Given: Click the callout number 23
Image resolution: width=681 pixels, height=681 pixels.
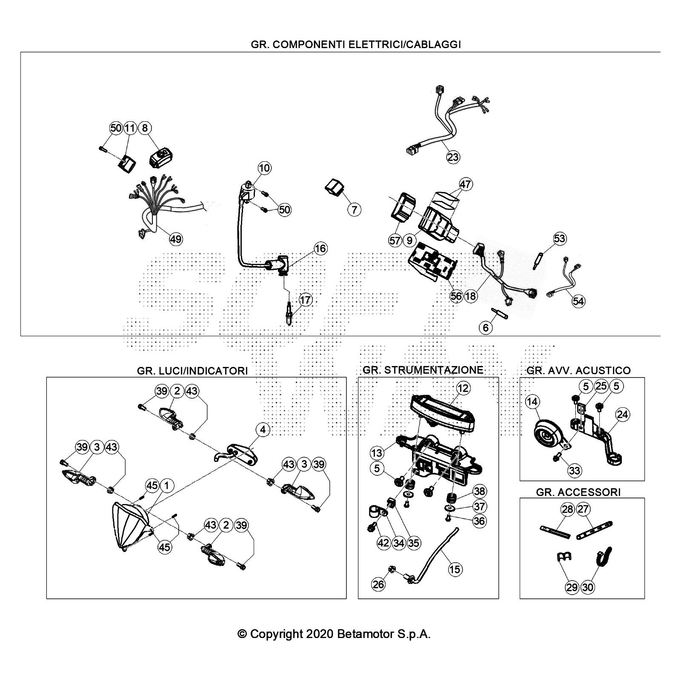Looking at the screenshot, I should (453, 157).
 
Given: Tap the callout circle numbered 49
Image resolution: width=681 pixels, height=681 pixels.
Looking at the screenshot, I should (176, 239).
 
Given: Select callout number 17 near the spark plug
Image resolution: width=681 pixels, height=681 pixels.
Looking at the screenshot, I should (305, 300).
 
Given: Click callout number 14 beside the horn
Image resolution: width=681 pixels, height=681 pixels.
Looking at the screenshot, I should (532, 401).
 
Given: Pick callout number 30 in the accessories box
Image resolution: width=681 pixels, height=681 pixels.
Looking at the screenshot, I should (587, 587).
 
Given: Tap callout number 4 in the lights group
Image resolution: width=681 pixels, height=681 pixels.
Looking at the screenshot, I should (263, 430).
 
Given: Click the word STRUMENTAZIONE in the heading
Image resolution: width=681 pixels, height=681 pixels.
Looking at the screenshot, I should (434, 370).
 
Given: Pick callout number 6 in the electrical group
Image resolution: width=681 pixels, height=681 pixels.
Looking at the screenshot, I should (486, 327).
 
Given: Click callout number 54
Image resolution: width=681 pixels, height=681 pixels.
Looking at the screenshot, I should (578, 301).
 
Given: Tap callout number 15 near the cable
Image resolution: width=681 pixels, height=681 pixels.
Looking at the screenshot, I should (455, 569).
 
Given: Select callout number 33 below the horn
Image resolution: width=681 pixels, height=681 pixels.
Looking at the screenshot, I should (575, 470).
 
